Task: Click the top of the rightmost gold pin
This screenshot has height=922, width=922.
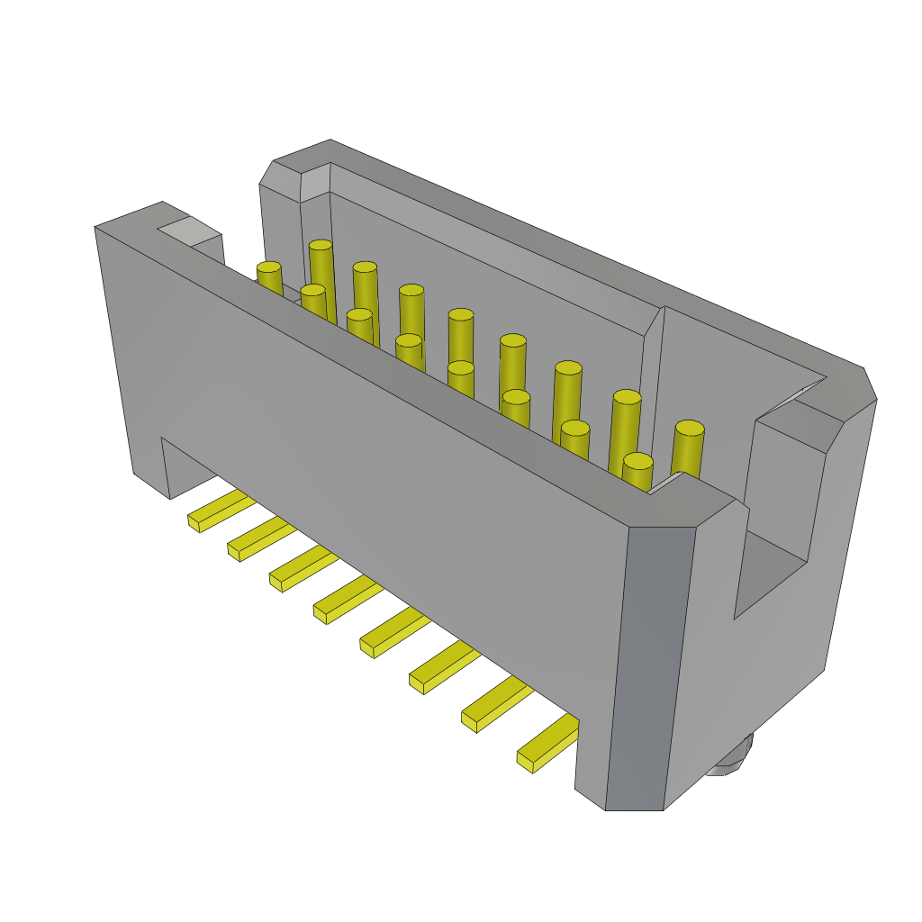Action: point(690,428)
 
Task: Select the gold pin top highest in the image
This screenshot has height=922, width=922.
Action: point(321,245)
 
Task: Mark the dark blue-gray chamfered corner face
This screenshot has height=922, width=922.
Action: point(650,666)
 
